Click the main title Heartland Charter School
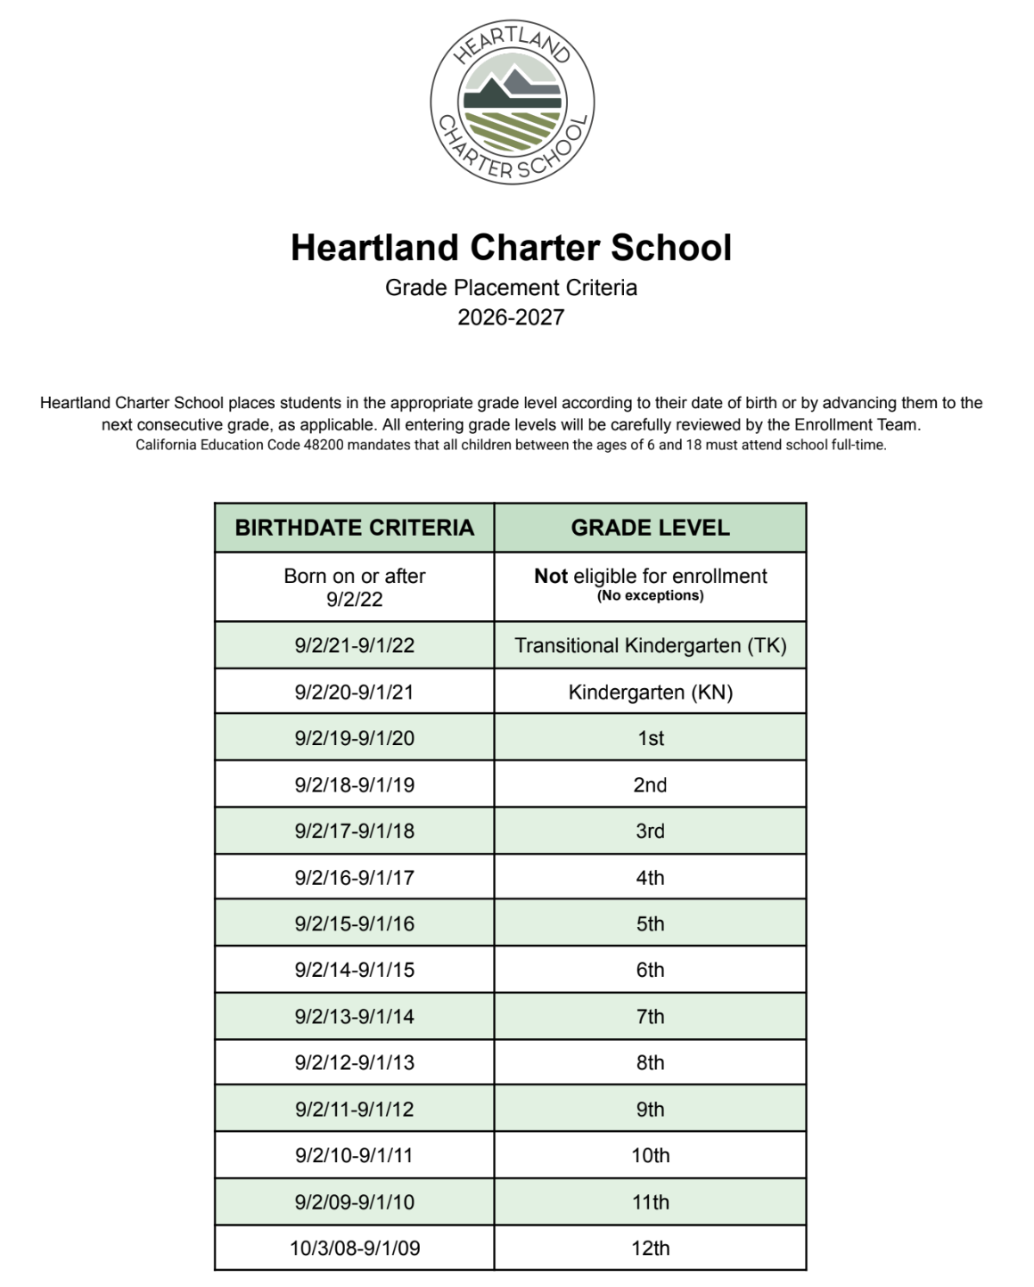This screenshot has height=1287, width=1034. (511, 248)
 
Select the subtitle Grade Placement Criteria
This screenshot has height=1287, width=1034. (511, 288)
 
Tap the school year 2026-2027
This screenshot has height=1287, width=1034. (511, 317)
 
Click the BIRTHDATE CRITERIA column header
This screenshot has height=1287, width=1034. (354, 528)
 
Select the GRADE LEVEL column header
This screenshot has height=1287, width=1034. (650, 528)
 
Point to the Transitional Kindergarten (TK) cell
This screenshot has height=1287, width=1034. (650, 645)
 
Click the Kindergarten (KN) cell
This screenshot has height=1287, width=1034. (650, 693)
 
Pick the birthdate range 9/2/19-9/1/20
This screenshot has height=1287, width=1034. (354, 738)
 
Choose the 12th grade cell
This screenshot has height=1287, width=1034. (650, 1248)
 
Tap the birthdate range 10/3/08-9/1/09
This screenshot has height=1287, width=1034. (354, 1248)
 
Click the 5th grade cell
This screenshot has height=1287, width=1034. (650, 923)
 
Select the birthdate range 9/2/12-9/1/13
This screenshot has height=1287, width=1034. (354, 1062)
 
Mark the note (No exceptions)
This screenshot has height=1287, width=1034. (650, 595)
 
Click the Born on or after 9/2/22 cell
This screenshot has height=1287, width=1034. (354, 586)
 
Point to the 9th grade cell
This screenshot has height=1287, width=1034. (650, 1109)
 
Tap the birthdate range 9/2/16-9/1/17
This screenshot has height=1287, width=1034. (354, 877)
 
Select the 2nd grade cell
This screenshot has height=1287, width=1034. (650, 784)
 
